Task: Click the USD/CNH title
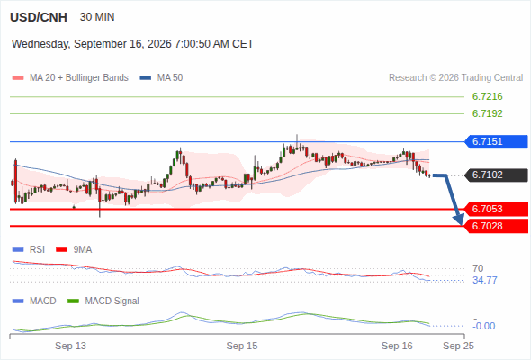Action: tap(39, 17)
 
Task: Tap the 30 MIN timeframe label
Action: tap(97, 17)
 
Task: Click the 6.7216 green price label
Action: tap(487, 96)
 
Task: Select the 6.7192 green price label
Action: tap(487, 113)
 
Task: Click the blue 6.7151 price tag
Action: tap(496, 141)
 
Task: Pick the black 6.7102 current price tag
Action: tap(496, 175)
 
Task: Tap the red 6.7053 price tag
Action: tap(496, 209)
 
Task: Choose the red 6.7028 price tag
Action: tap(496, 226)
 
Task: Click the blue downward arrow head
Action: tap(459, 219)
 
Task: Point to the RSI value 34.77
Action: tap(485, 280)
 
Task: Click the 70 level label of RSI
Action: tap(478, 268)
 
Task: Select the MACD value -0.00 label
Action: tap(484, 326)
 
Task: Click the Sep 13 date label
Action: tap(70, 346)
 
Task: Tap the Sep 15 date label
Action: tap(242, 346)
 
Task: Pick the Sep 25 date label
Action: tap(458, 346)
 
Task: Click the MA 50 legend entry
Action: tap(161, 78)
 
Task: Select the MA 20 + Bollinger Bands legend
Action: tap(70, 78)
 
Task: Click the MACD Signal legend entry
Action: tap(103, 301)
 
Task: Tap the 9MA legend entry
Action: tap(74, 249)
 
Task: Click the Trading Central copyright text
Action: tap(455, 78)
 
